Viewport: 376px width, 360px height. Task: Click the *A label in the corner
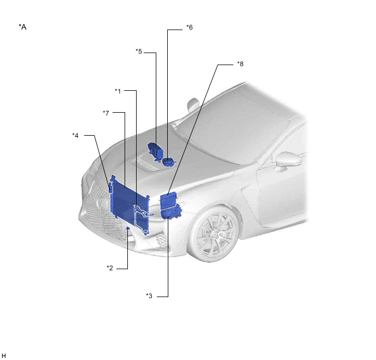pyautogui.click(x=22, y=27)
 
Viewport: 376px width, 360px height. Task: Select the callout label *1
pyautogui.click(x=117, y=91)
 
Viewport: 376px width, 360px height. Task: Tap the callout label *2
pyautogui.click(x=110, y=268)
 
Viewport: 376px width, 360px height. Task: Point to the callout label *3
pyautogui.click(x=149, y=295)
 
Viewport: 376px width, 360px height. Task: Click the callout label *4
pyautogui.click(x=75, y=135)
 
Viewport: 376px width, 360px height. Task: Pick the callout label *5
pyautogui.click(x=139, y=51)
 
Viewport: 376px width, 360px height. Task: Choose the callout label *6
pyautogui.click(x=190, y=27)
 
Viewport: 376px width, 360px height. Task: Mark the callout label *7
pyautogui.click(x=106, y=113)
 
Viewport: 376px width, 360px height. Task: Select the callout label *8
pyautogui.click(x=240, y=64)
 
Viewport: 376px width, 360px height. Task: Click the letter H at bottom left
pyautogui.click(x=4, y=356)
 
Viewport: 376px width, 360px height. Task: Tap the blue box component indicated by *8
pyautogui.click(x=168, y=201)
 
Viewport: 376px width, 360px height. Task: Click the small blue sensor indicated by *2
pyautogui.click(x=128, y=228)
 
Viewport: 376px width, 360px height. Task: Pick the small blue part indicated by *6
pyautogui.click(x=169, y=162)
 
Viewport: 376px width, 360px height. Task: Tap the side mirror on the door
pyautogui.click(x=288, y=160)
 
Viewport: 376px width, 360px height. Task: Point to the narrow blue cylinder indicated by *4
pyautogui.click(x=110, y=187)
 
